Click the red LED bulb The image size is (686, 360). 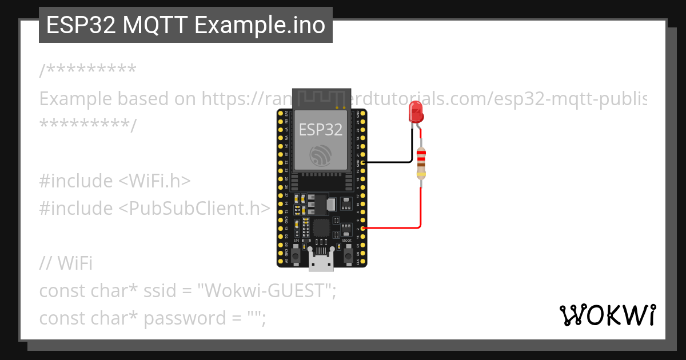[416, 111]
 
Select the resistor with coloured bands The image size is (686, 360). [421, 163]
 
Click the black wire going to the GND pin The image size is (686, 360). [394, 162]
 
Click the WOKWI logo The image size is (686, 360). [608, 315]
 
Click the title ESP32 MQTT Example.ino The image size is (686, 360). [185, 25]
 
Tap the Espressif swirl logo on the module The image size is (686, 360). [320, 155]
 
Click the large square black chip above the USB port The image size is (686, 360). [322, 227]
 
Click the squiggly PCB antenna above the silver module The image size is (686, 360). [321, 97]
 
